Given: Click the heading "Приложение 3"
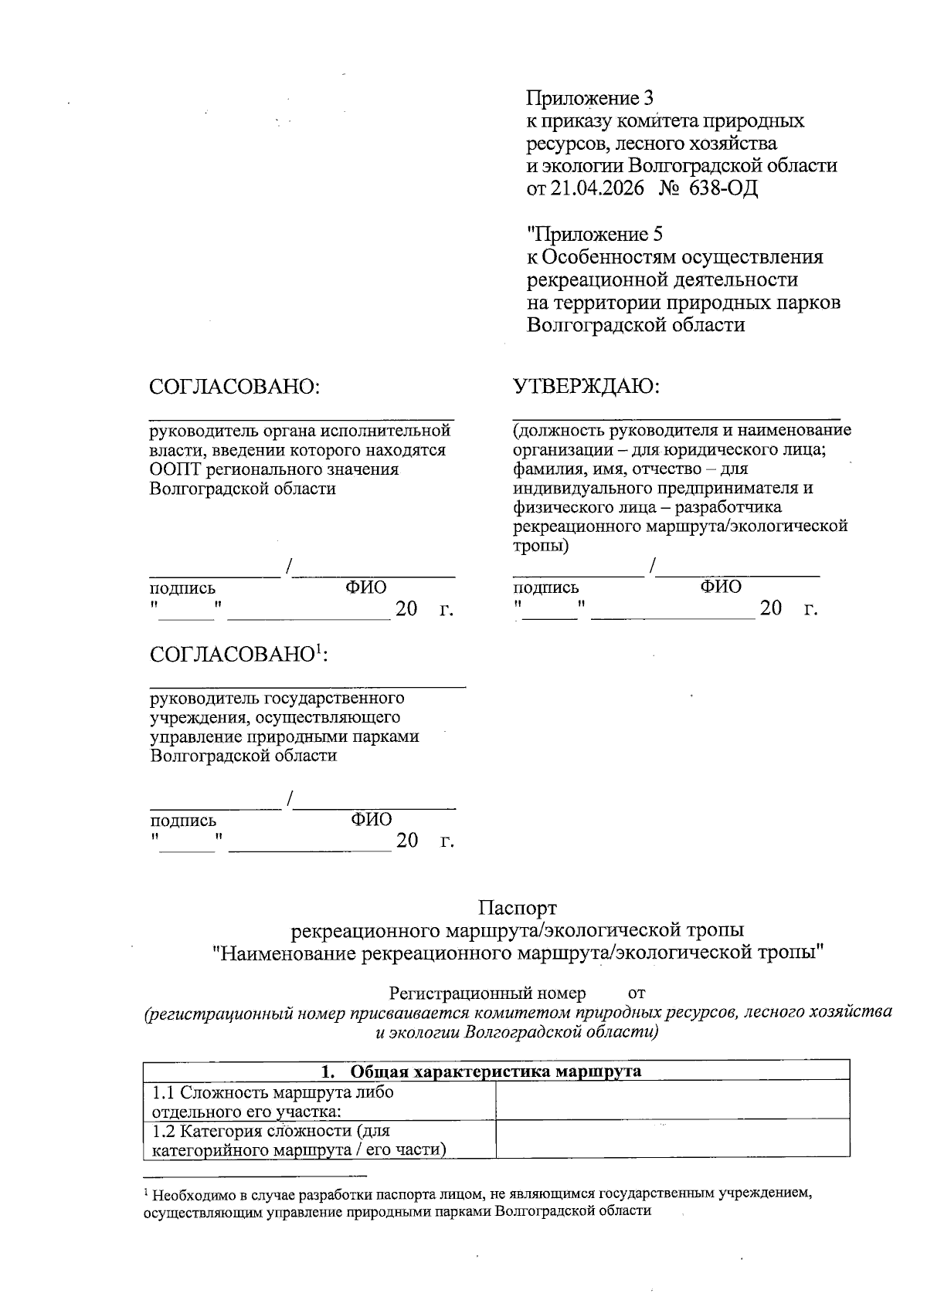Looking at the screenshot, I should tap(590, 98).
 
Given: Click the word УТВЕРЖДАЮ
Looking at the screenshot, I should tap(587, 386).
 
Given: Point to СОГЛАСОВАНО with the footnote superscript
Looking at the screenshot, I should tap(239, 655).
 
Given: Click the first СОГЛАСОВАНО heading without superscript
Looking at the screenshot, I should tap(234, 386).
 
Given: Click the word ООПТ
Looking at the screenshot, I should tap(175, 469).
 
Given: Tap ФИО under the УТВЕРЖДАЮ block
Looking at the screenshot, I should tap(721, 587).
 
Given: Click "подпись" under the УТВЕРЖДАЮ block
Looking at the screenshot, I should tap(546, 587).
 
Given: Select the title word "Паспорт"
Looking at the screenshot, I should tap(517, 908).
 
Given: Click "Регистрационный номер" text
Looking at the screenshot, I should tap(487, 992).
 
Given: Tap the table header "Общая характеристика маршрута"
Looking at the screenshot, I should tap(496, 1071).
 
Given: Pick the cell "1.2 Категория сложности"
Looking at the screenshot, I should tap(270, 1132).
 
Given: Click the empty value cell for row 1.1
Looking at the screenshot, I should tap(672, 1100).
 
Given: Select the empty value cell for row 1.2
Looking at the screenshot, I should tap(672, 1139).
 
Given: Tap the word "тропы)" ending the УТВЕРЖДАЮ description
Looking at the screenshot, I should tap(541, 546).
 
